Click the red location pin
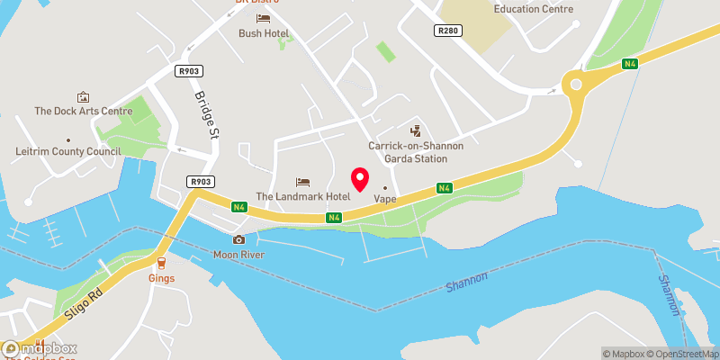click(360, 178)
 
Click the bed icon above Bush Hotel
click(263, 18)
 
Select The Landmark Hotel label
click(301, 196)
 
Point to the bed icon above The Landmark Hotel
click(302, 182)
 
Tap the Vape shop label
click(385, 199)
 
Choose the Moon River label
click(238, 255)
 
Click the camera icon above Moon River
click(238, 239)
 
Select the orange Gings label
click(162, 278)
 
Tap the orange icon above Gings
click(162, 263)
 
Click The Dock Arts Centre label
click(84, 112)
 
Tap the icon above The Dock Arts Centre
click(84, 96)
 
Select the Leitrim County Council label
click(68, 152)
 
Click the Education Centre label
click(534, 9)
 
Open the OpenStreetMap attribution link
click(681, 353)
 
